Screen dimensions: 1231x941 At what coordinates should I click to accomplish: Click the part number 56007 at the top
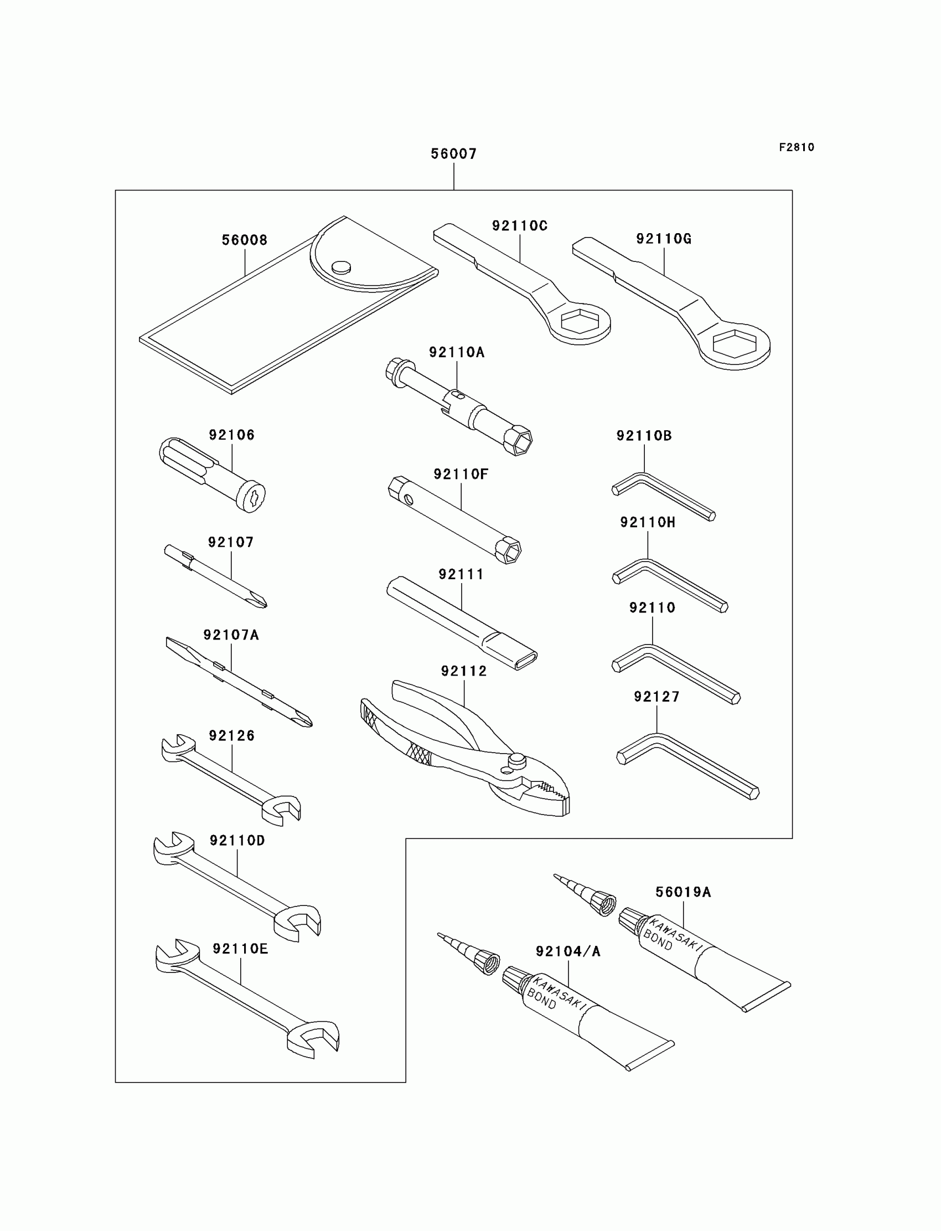pyautogui.click(x=453, y=154)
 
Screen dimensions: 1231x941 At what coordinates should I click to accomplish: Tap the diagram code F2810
pyautogui.click(x=796, y=147)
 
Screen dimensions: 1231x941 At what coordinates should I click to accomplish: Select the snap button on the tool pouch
pyautogui.click(x=341, y=267)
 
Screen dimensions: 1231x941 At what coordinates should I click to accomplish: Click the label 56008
pyautogui.click(x=244, y=240)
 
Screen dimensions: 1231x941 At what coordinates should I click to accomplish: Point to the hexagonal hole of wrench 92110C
pyautogui.click(x=579, y=323)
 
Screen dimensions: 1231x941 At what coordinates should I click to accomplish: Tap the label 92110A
pyautogui.click(x=457, y=352)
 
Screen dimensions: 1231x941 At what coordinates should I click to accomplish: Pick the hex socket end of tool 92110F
pyautogui.click(x=508, y=550)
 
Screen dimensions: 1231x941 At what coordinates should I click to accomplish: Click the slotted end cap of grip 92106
pyautogui.click(x=250, y=496)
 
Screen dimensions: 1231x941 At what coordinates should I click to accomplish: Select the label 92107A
pyautogui.click(x=231, y=635)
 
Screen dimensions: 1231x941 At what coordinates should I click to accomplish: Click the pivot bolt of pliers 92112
pyautogui.click(x=516, y=760)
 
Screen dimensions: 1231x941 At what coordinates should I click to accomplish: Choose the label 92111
pyautogui.click(x=461, y=574)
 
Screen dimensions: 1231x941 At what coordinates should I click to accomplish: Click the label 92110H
pyautogui.click(x=648, y=522)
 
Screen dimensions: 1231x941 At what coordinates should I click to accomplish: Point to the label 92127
pyautogui.click(x=656, y=697)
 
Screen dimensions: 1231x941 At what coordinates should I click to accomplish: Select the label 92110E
pyautogui.click(x=240, y=949)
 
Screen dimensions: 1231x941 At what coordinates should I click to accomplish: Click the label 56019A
pyautogui.click(x=683, y=892)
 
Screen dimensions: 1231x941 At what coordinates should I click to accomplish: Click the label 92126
pyautogui.click(x=232, y=736)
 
